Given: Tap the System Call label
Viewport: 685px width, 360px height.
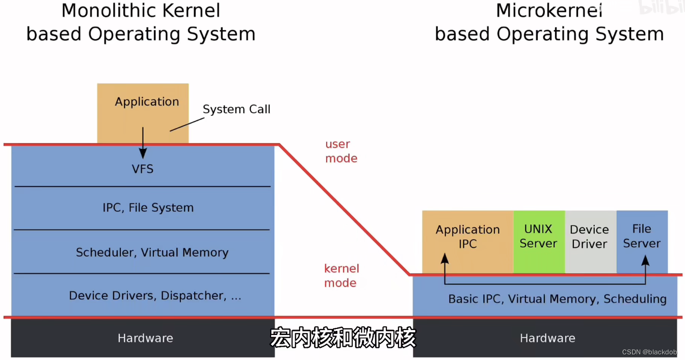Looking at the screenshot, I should pos(236,109).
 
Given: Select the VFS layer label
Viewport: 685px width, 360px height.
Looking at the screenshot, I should pos(143,169).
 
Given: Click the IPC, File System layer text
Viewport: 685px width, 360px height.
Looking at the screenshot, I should pos(148,208).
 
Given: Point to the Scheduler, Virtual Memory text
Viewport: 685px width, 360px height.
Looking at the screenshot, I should pos(152,252).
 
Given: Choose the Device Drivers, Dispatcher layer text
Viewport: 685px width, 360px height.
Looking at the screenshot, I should pos(155,296).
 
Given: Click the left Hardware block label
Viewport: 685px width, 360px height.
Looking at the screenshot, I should pos(145,338).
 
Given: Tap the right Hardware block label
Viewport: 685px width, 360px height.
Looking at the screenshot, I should pos(547,338).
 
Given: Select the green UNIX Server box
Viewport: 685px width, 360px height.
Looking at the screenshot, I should pos(538,237).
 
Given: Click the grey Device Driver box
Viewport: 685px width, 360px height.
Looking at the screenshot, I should pos(590,237).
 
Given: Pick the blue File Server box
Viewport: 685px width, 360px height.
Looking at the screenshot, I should pos(642,236).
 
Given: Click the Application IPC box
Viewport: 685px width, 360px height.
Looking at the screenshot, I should pos(467,237).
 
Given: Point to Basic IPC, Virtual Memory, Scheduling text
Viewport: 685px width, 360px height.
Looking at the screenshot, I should pos(557,299).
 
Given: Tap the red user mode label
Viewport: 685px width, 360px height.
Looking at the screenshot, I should pos(341,151).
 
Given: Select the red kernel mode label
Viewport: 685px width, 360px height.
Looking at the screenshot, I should pos(341,276).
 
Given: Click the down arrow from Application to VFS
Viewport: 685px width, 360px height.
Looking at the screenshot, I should pos(143,143).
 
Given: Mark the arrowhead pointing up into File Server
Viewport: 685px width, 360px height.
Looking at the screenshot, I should pos(645,260).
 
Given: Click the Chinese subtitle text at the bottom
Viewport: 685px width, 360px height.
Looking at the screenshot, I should pos(342,339).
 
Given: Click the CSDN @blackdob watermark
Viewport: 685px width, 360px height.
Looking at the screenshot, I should pos(649,352).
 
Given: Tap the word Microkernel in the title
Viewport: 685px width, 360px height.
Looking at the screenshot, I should pos(549,10).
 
